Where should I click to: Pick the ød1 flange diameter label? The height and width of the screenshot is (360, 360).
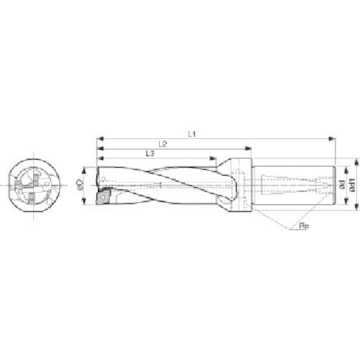click(x=351, y=185)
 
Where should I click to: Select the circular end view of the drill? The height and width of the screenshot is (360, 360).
click(x=34, y=185)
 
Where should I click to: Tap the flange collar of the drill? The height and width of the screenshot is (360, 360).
click(x=240, y=185)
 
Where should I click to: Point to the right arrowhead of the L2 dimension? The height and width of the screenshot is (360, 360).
click(x=249, y=149)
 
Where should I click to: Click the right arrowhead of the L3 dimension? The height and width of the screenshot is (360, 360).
click(x=214, y=159)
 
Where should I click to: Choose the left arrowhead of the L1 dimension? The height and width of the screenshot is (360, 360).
click(x=98, y=138)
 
